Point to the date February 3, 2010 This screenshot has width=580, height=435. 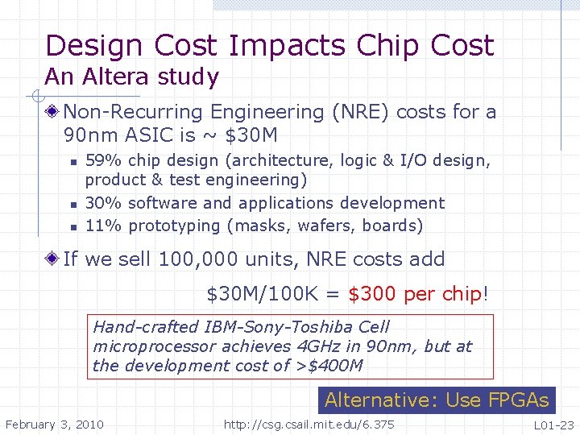click(x=54, y=425)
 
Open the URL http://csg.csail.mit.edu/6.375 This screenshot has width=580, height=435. click(x=309, y=425)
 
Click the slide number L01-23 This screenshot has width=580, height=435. click(x=553, y=425)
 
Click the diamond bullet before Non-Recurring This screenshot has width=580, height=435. click(x=53, y=112)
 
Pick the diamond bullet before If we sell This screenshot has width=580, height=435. click(x=53, y=259)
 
